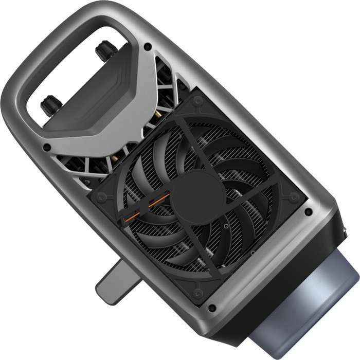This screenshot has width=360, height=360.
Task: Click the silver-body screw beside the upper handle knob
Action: [x=148, y=46]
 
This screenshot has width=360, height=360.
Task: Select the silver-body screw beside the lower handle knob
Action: [x=47, y=148]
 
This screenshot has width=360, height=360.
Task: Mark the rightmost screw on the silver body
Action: [x=308, y=211]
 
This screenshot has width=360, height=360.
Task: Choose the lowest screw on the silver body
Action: [x=211, y=308]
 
